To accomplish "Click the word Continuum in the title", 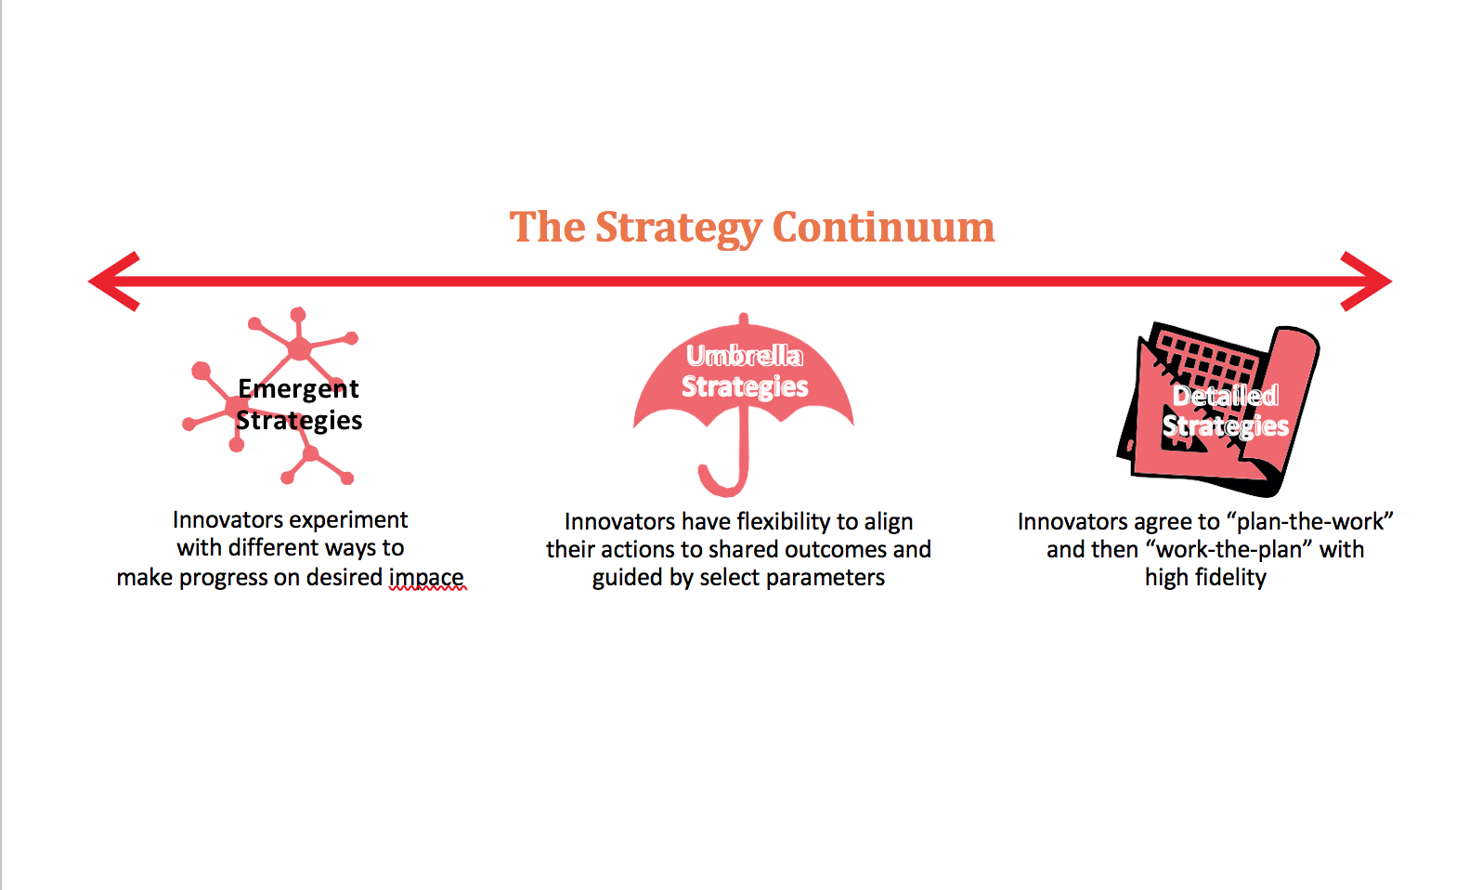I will tap(883, 227).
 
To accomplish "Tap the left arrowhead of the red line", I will tap(113, 281).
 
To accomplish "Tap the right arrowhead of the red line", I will tap(1367, 281).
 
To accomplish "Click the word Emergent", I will tap(298, 388).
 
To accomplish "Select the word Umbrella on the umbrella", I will tap(744, 356).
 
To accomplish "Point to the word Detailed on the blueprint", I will tap(1225, 396).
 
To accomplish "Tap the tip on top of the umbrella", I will tap(743, 319).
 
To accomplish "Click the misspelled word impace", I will tap(426, 577).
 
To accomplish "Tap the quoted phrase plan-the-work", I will tap(1310, 521).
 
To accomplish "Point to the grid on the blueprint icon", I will tap(1207, 358).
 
